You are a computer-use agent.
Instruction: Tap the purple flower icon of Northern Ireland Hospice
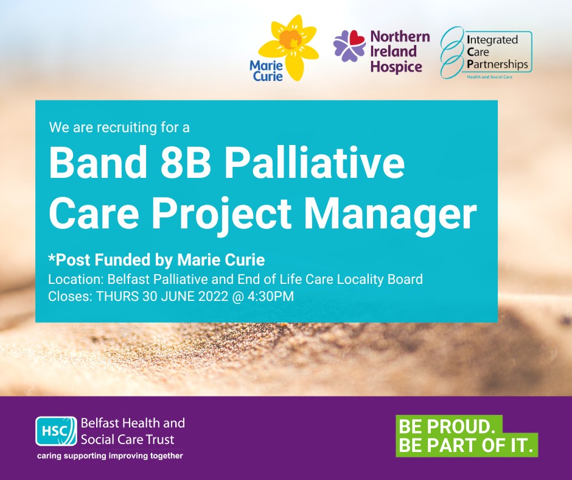349,45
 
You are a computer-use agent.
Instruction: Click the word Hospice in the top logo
396,67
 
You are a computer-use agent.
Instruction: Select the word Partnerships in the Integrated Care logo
497,65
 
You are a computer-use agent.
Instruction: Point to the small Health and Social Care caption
490,77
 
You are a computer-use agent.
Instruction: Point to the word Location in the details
76,279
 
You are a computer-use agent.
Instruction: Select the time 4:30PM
271,296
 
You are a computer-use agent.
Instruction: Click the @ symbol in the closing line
238,297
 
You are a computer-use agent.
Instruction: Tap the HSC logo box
57,431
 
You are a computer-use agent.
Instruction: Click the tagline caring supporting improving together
110,456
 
